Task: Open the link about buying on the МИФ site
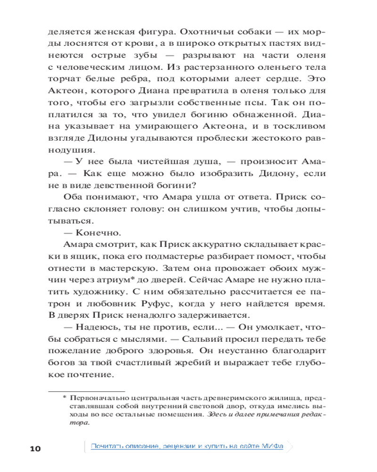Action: [x=187, y=447]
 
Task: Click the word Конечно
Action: [x=93, y=232]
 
